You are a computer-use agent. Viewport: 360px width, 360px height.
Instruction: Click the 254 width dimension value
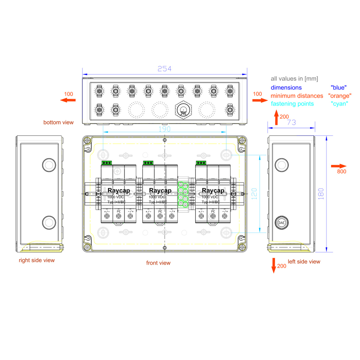pyautogui.click(x=164, y=69)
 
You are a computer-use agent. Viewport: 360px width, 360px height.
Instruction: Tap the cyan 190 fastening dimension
pyautogui.click(x=164, y=129)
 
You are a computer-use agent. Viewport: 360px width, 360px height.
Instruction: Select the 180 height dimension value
pyautogui.click(x=321, y=194)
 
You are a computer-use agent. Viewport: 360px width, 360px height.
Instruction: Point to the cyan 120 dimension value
pyautogui.click(x=254, y=194)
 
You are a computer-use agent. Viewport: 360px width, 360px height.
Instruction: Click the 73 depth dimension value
pyautogui.click(x=291, y=122)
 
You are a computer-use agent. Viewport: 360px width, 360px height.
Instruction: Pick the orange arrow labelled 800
pyautogui.click(x=339, y=166)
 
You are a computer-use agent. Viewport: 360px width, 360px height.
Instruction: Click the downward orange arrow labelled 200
pyautogui.click(x=274, y=265)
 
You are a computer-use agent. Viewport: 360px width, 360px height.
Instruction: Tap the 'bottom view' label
pyautogui.click(x=58, y=122)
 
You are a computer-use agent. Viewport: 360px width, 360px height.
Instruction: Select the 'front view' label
pyautogui.click(x=158, y=263)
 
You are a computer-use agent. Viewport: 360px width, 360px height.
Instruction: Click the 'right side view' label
pyautogui.click(x=37, y=260)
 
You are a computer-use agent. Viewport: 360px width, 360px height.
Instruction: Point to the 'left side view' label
pyautogui.click(x=304, y=262)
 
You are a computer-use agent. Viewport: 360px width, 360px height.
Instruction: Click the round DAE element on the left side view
pyautogui.click(x=281, y=223)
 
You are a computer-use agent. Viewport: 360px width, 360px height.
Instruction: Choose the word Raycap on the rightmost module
pyautogui.click(x=213, y=190)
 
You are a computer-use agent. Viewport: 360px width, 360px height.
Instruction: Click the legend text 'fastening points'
pyautogui.click(x=292, y=104)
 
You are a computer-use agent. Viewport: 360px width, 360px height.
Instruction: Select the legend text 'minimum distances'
pyautogui.click(x=297, y=96)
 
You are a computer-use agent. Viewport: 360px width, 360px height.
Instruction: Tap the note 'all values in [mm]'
pyautogui.click(x=294, y=79)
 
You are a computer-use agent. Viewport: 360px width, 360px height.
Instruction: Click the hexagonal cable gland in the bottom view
pyautogui.click(x=183, y=110)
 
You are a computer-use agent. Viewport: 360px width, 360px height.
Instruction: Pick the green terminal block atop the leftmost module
pyautogui.click(x=106, y=163)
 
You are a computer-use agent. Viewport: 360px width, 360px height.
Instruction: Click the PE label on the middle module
pyautogui.click(x=160, y=211)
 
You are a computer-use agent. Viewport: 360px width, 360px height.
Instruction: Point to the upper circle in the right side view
pyautogui.click(x=49, y=165)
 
